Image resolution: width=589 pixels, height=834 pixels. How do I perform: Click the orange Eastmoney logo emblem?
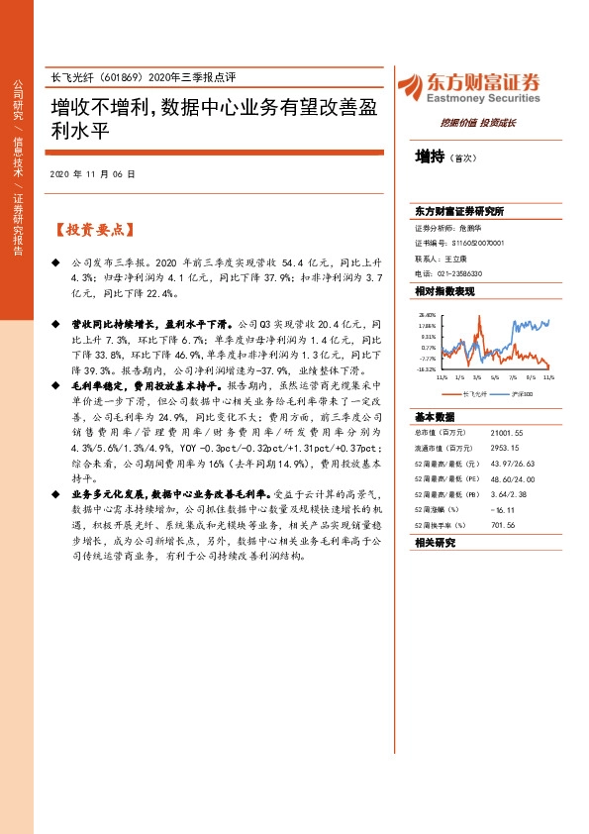click(410, 85)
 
